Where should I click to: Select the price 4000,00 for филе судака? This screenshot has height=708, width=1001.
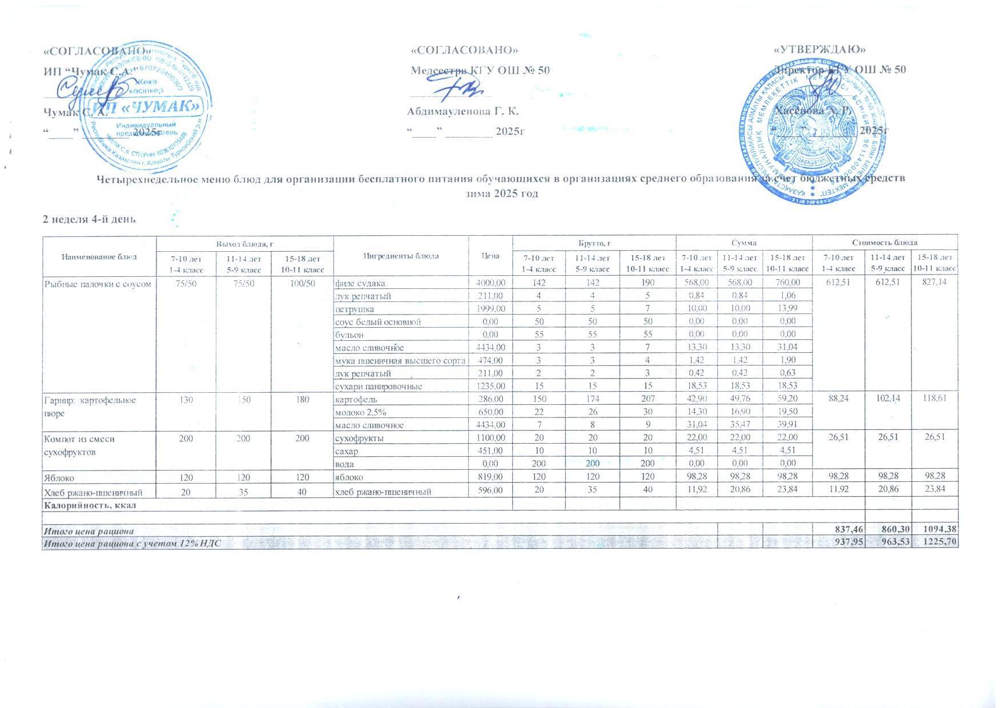click(x=491, y=283)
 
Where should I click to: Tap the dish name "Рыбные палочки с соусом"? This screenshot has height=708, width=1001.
click(x=98, y=283)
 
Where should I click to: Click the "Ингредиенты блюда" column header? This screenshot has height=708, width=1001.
click(x=401, y=256)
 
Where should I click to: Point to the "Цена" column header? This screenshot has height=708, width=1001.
click(x=491, y=256)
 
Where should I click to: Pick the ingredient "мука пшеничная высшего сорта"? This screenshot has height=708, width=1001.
click(x=400, y=360)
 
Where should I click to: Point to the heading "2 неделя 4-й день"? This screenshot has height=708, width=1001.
click(x=90, y=219)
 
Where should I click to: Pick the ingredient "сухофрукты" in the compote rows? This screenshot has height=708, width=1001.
click(x=359, y=439)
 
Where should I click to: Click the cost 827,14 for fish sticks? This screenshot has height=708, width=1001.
click(x=934, y=283)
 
